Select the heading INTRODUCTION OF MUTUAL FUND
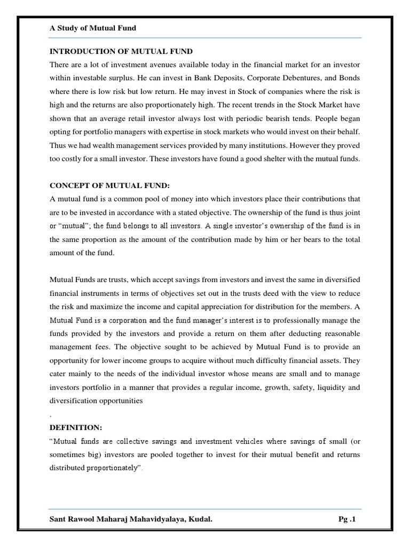121,51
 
